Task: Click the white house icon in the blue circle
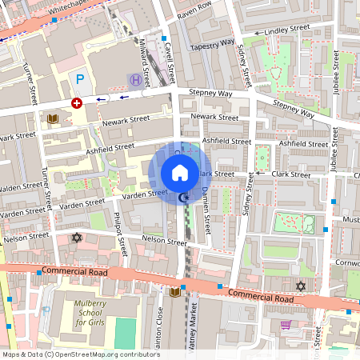180,172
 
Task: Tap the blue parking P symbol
78,78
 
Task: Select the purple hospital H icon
135,80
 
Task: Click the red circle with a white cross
77,103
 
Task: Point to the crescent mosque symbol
186,197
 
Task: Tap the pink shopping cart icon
286,324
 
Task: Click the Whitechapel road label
71,6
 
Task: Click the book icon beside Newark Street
53,119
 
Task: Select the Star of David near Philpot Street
78,238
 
